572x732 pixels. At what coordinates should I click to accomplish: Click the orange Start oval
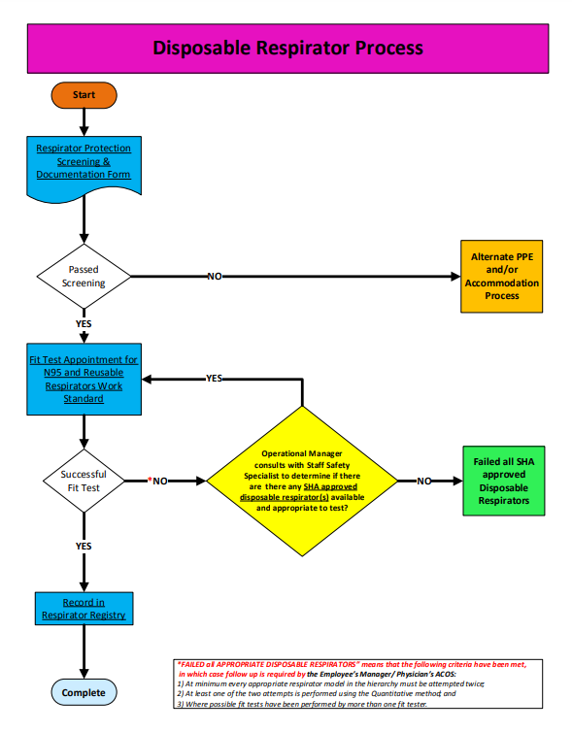[x=84, y=94]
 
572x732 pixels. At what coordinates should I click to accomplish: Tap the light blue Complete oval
[x=84, y=692]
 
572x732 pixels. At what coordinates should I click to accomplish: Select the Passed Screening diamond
[x=84, y=276]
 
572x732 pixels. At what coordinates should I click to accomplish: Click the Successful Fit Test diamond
[x=84, y=481]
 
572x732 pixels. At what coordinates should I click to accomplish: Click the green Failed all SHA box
[x=502, y=481]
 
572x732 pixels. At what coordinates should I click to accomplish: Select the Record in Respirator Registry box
[x=84, y=608]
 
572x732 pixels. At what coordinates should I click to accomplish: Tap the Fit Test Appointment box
[x=84, y=379]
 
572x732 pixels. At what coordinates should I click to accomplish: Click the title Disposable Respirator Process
[x=287, y=47]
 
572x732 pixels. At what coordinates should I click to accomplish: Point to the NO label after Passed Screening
[x=215, y=277]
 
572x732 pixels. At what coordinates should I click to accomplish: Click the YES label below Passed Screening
[x=84, y=322]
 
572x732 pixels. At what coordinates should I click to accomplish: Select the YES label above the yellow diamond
[x=214, y=379]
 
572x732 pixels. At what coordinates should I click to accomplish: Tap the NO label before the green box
[x=424, y=481]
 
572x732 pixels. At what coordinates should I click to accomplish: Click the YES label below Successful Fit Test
[x=84, y=546]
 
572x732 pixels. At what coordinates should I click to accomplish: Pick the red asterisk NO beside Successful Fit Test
[x=157, y=481]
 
